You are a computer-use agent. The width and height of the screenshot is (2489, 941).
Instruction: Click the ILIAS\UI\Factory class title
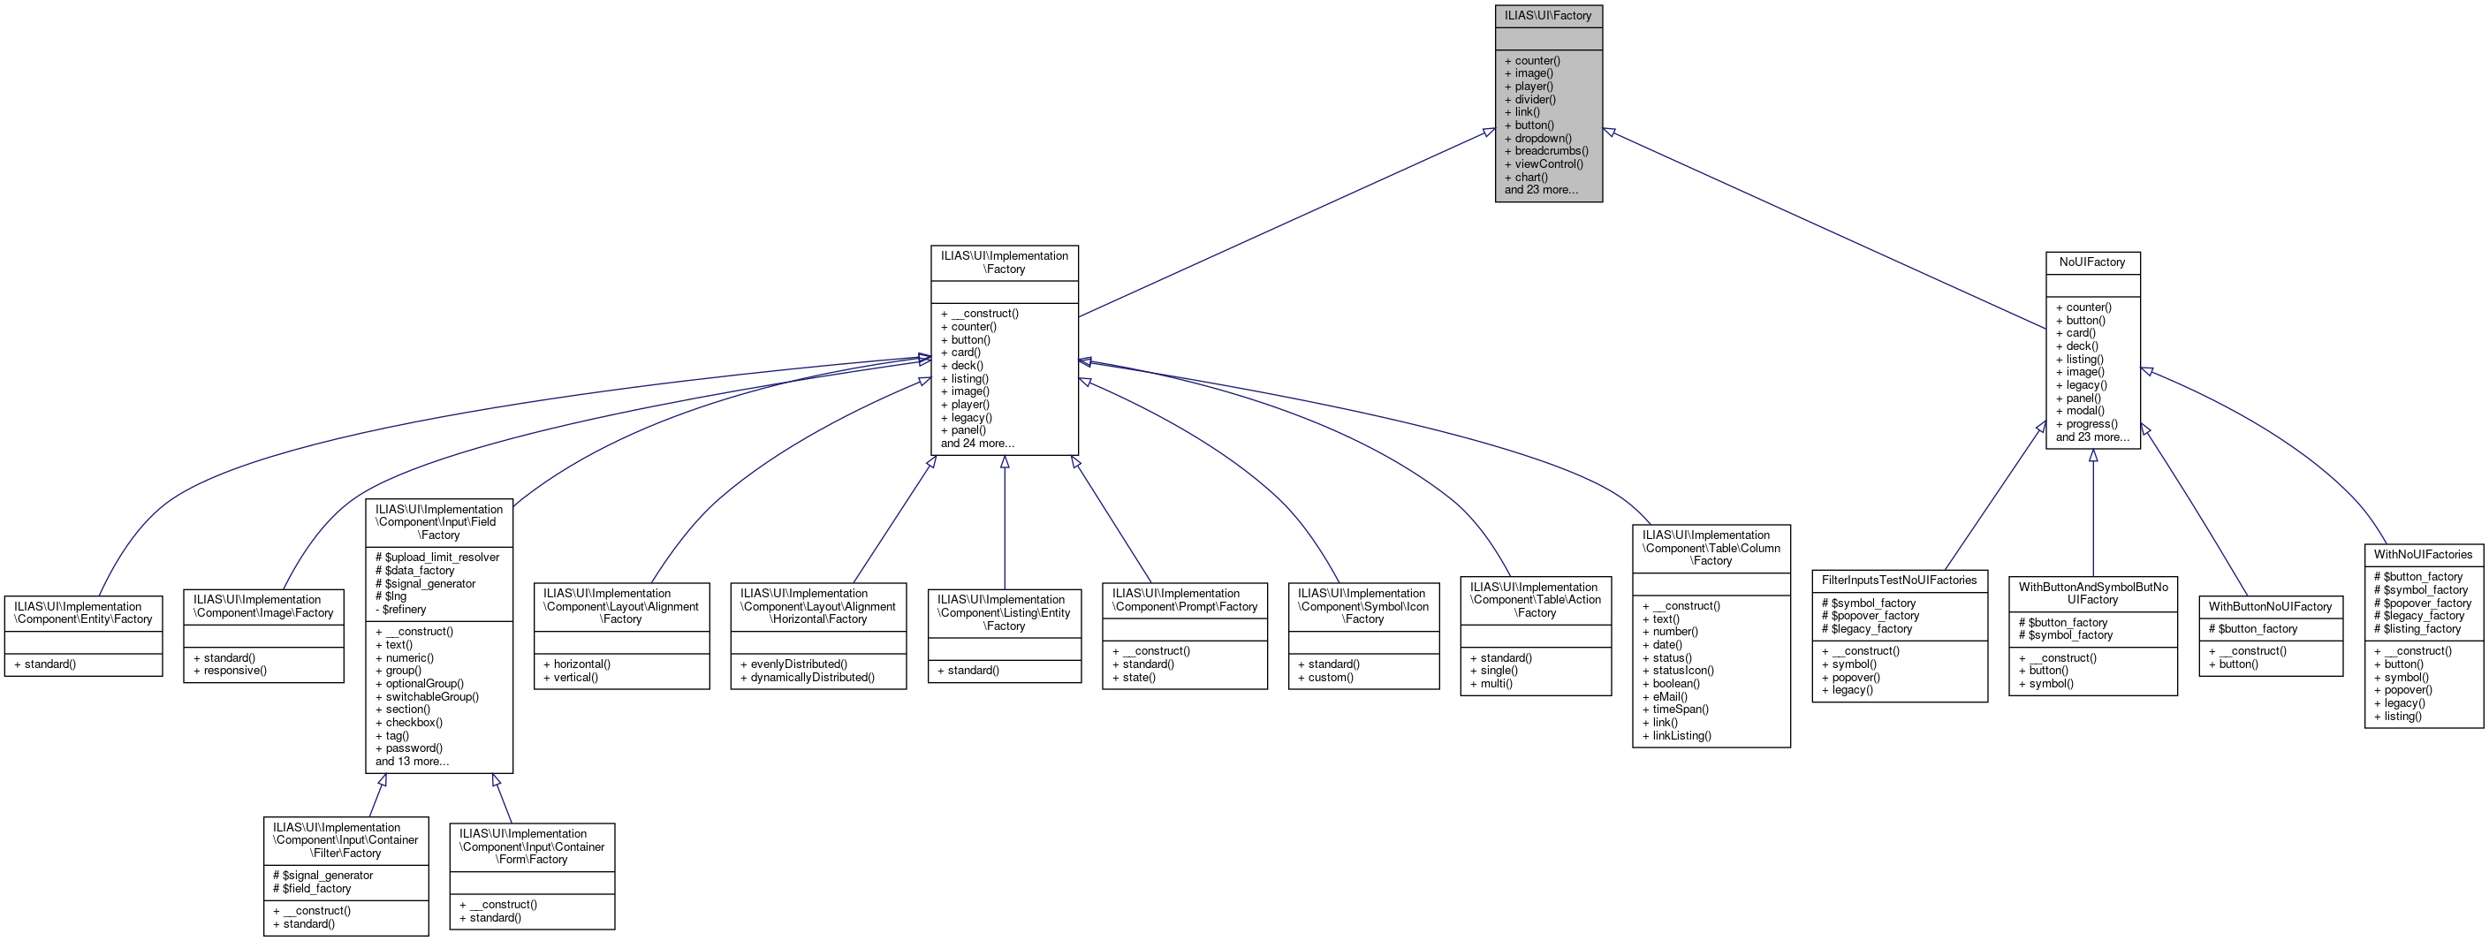[x=1548, y=15]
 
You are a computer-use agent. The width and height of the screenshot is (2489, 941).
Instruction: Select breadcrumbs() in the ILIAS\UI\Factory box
[x=1551, y=151]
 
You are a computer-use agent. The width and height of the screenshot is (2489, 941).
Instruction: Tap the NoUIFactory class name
[x=2092, y=262]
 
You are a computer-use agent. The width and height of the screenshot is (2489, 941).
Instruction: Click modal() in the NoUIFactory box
[x=2085, y=411]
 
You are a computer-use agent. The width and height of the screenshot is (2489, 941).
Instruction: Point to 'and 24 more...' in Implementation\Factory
[x=977, y=444]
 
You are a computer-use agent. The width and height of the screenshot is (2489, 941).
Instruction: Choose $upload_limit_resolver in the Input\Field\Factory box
[x=442, y=558]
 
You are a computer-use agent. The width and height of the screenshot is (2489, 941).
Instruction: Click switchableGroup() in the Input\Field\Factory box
[x=432, y=696]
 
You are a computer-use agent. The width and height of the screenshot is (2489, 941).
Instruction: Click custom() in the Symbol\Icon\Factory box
[x=1331, y=677]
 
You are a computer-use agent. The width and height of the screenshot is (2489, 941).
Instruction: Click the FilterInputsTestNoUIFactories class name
[x=1899, y=580]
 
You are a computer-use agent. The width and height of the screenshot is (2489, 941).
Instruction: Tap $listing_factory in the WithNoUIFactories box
[x=2423, y=629]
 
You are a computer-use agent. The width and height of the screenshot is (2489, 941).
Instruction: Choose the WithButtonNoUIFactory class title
[x=2270, y=607]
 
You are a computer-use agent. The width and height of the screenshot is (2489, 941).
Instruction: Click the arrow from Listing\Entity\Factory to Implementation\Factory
[x=1004, y=521]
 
